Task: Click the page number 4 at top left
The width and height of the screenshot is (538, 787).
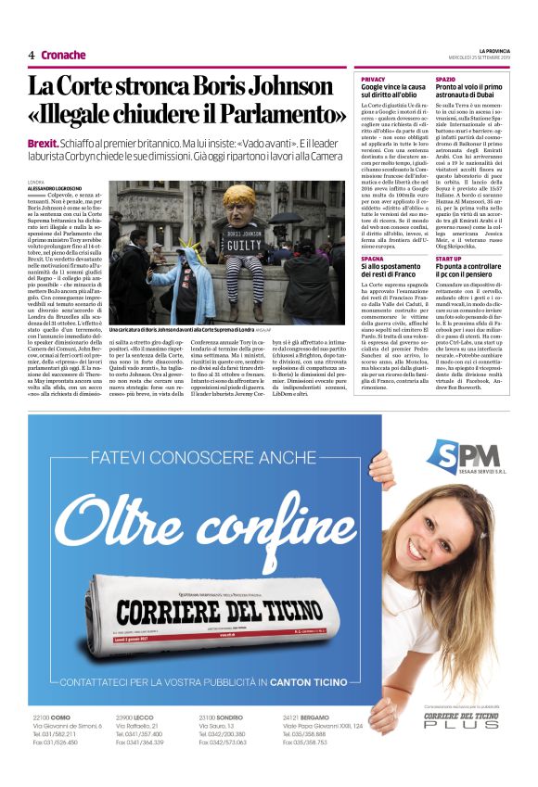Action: [x=31, y=56]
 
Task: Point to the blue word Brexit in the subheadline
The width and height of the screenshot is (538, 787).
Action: [x=43, y=146]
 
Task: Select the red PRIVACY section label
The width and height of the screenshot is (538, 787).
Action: [x=373, y=81]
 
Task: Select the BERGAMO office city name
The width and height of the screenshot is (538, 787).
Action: [x=328, y=718]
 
